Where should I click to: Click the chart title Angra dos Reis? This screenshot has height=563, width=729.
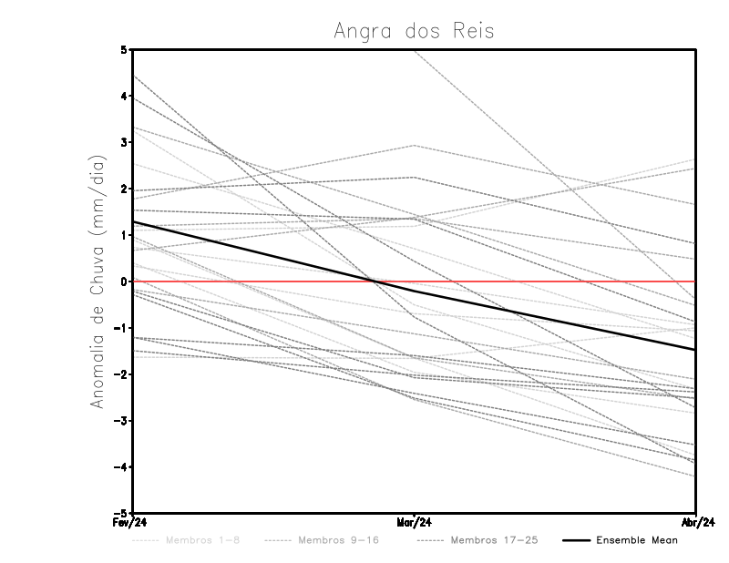pos(414,30)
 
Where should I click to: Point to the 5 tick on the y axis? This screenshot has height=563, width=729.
pos(124,49)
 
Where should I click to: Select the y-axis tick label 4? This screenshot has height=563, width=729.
pos(124,96)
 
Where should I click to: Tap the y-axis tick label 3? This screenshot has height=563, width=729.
pos(124,142)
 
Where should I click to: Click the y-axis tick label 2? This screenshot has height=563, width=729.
pos(124,189)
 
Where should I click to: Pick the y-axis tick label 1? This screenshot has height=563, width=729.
pos(124,235)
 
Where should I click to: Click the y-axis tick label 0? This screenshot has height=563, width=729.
pos(124,281)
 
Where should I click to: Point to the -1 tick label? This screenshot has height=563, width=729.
pos(121,328)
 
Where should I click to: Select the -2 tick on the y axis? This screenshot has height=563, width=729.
pos(121,374)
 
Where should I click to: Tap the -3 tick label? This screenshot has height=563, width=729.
pos(121,421)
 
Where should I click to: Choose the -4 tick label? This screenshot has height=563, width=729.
pos(121,467)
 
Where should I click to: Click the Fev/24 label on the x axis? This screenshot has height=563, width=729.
pos(132,523)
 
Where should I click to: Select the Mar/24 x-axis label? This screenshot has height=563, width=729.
pos(415,523)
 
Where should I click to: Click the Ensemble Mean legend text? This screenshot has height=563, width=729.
pos(637,540)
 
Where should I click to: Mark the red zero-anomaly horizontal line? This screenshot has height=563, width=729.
pos(547,281)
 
